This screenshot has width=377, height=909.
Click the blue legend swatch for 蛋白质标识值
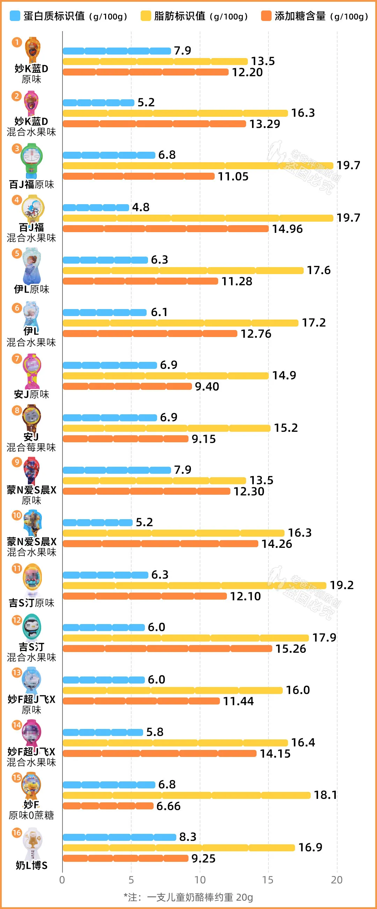point(15,16)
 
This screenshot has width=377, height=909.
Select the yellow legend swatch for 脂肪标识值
point(146,16)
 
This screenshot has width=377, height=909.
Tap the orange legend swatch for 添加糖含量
point(266,16)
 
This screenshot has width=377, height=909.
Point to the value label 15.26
point(291,649)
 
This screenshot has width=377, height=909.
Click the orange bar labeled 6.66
point(108,806)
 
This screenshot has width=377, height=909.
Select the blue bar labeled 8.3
point(119,837)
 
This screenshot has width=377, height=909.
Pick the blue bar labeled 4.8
point(96,207)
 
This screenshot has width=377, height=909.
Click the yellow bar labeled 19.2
point(194,585)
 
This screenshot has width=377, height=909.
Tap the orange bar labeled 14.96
point(165,229)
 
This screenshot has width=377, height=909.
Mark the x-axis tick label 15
point(268,880)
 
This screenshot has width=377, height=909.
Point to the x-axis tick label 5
point(131,880)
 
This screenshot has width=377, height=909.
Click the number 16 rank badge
point(16,833)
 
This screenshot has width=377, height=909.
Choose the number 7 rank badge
point(16,359)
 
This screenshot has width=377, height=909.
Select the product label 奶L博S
point(31,865)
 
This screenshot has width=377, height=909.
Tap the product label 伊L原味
point(31,289)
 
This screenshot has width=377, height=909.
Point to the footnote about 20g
point(188,897)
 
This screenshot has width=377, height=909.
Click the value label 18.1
point(325,795)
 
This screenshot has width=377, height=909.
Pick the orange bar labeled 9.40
point(127,386)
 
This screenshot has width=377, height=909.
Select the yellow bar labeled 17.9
point(186,638)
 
